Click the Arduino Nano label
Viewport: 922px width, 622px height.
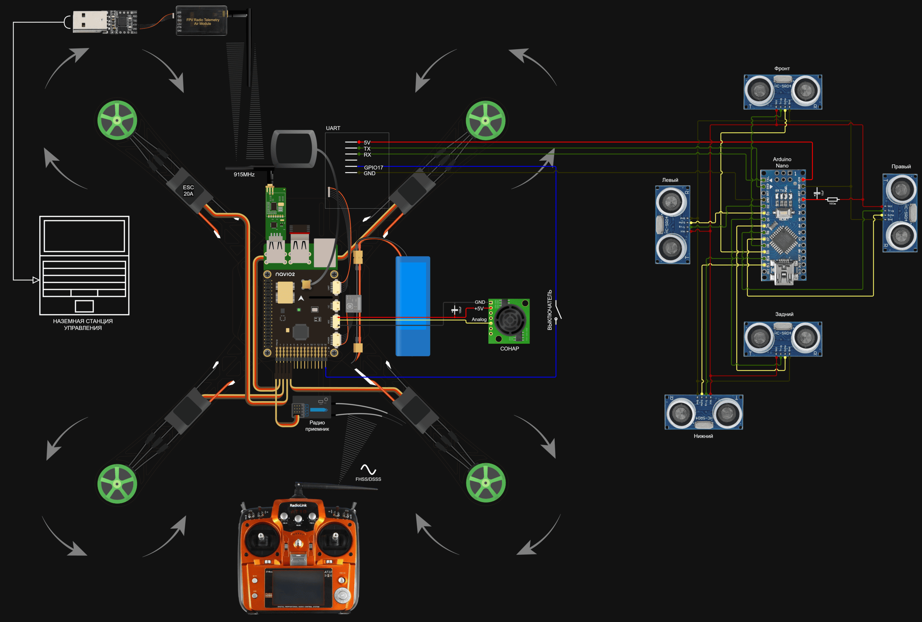pos(782,162)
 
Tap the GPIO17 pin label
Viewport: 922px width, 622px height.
pos(373,167)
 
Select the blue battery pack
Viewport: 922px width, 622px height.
pos(413,306)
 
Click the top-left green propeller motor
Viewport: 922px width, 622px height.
pos(117,120)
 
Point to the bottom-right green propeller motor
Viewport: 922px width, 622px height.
pos(486,483)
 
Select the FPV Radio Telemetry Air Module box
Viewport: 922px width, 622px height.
pos(202,21)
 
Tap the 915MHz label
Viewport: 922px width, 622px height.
pos(244,175)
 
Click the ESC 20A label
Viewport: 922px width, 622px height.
pos(188,190)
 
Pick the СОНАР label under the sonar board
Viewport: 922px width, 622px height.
pos(509,349)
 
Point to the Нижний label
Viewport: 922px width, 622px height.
pos(703,436)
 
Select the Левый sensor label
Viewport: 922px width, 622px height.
pos(670,180)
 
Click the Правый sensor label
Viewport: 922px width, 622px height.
pos(900,166)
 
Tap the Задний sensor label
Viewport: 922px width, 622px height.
pos(784,314)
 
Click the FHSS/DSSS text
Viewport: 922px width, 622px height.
pos(368,479)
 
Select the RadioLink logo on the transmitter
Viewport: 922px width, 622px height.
pos(298,506)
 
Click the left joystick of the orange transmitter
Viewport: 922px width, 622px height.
pos(261,538)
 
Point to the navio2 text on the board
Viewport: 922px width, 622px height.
pos(285,274)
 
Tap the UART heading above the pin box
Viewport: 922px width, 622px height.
pos(333,128)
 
